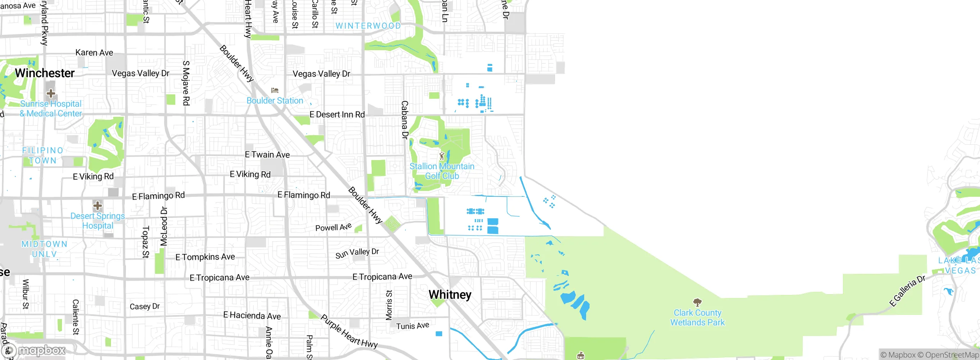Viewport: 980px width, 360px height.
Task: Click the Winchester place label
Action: tap(45, 73)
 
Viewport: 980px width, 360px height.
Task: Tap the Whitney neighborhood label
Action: tap(450, 295)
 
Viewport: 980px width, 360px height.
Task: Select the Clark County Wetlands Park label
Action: tap(697, 318)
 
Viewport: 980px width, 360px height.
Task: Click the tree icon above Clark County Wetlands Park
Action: tap(697, 303)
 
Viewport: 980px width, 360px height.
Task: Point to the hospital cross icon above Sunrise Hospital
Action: tap(51, 93)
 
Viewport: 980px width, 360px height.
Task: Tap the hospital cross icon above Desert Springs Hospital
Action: tap(98, 206)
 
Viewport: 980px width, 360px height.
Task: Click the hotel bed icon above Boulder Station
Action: tap(274, 91)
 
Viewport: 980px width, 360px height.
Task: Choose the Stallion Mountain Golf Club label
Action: tap(442, 171)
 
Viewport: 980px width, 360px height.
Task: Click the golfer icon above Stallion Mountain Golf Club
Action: tap(442, 156)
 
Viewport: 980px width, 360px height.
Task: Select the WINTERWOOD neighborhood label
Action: tap(368, 26)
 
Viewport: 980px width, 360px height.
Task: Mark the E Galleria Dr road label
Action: tap(907, 291)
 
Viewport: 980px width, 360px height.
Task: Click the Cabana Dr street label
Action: tap(405, 119)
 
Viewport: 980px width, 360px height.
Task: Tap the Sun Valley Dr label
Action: tap(357, 253)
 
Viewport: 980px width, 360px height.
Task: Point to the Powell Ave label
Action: tap(333, 227)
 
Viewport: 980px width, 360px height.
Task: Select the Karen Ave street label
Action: tap(94, 53)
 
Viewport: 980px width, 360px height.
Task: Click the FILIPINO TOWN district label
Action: tap(42, 155)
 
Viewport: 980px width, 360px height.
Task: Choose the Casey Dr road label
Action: tap(144, 306)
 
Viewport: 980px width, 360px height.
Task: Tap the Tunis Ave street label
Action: tap(412, 326)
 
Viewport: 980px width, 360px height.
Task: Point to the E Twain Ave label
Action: tap(267, 155)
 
